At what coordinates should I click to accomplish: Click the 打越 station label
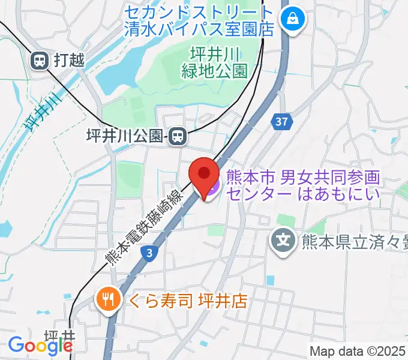tap(68, 59)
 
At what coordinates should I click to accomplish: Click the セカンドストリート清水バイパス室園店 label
tap(199, 19)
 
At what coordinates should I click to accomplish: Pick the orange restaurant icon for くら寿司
tap(108, 298)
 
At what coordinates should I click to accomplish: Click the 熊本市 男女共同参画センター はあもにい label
tap(304, 185)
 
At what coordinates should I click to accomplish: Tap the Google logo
tap(40, 346)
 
